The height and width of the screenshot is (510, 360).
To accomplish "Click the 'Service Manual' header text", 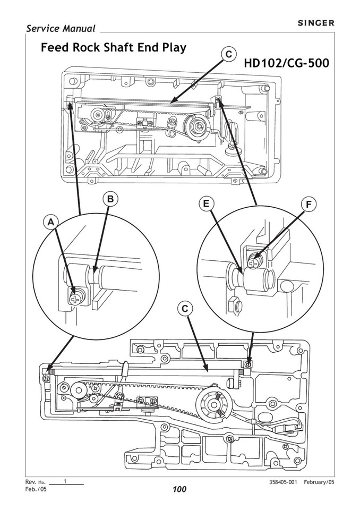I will [61, 29].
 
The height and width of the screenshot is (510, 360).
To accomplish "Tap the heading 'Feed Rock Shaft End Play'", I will [114, 48].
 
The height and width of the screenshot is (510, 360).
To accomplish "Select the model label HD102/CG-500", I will [286, 63].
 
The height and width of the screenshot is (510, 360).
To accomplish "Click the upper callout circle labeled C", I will [228, 54].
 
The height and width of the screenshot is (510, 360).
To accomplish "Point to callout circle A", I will [51, 223].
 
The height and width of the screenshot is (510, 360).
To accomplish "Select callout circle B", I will [110, 199].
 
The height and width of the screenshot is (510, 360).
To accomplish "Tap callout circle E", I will [206, 204].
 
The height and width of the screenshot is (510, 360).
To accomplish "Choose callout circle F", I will [308, 204].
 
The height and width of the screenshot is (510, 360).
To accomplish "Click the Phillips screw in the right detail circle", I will [255, 260].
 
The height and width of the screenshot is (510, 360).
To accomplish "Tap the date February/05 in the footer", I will [319, 482].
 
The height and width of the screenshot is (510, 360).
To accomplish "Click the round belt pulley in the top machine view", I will [198, 126].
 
